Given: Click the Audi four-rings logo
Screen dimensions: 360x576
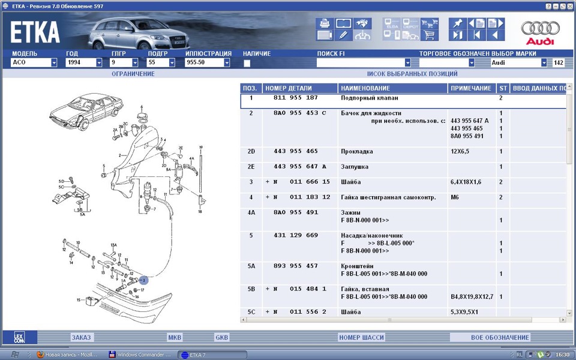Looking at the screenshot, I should point(540,29).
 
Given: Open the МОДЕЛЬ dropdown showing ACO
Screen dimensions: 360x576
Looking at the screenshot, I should point(34,62).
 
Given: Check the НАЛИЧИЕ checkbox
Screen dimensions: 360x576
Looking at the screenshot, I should point(247,63).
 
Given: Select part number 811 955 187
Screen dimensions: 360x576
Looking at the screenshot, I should point(296,98).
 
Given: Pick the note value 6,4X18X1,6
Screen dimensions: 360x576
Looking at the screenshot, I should point(467,182).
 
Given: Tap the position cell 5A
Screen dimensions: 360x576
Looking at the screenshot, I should point(251,266).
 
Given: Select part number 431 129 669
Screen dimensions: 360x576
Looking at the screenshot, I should point(296,236).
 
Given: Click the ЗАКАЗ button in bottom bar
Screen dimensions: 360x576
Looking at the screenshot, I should point(81,338).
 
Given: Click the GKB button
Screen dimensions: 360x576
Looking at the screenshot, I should point(222,338).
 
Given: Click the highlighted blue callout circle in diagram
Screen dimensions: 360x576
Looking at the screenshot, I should point(143,280).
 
